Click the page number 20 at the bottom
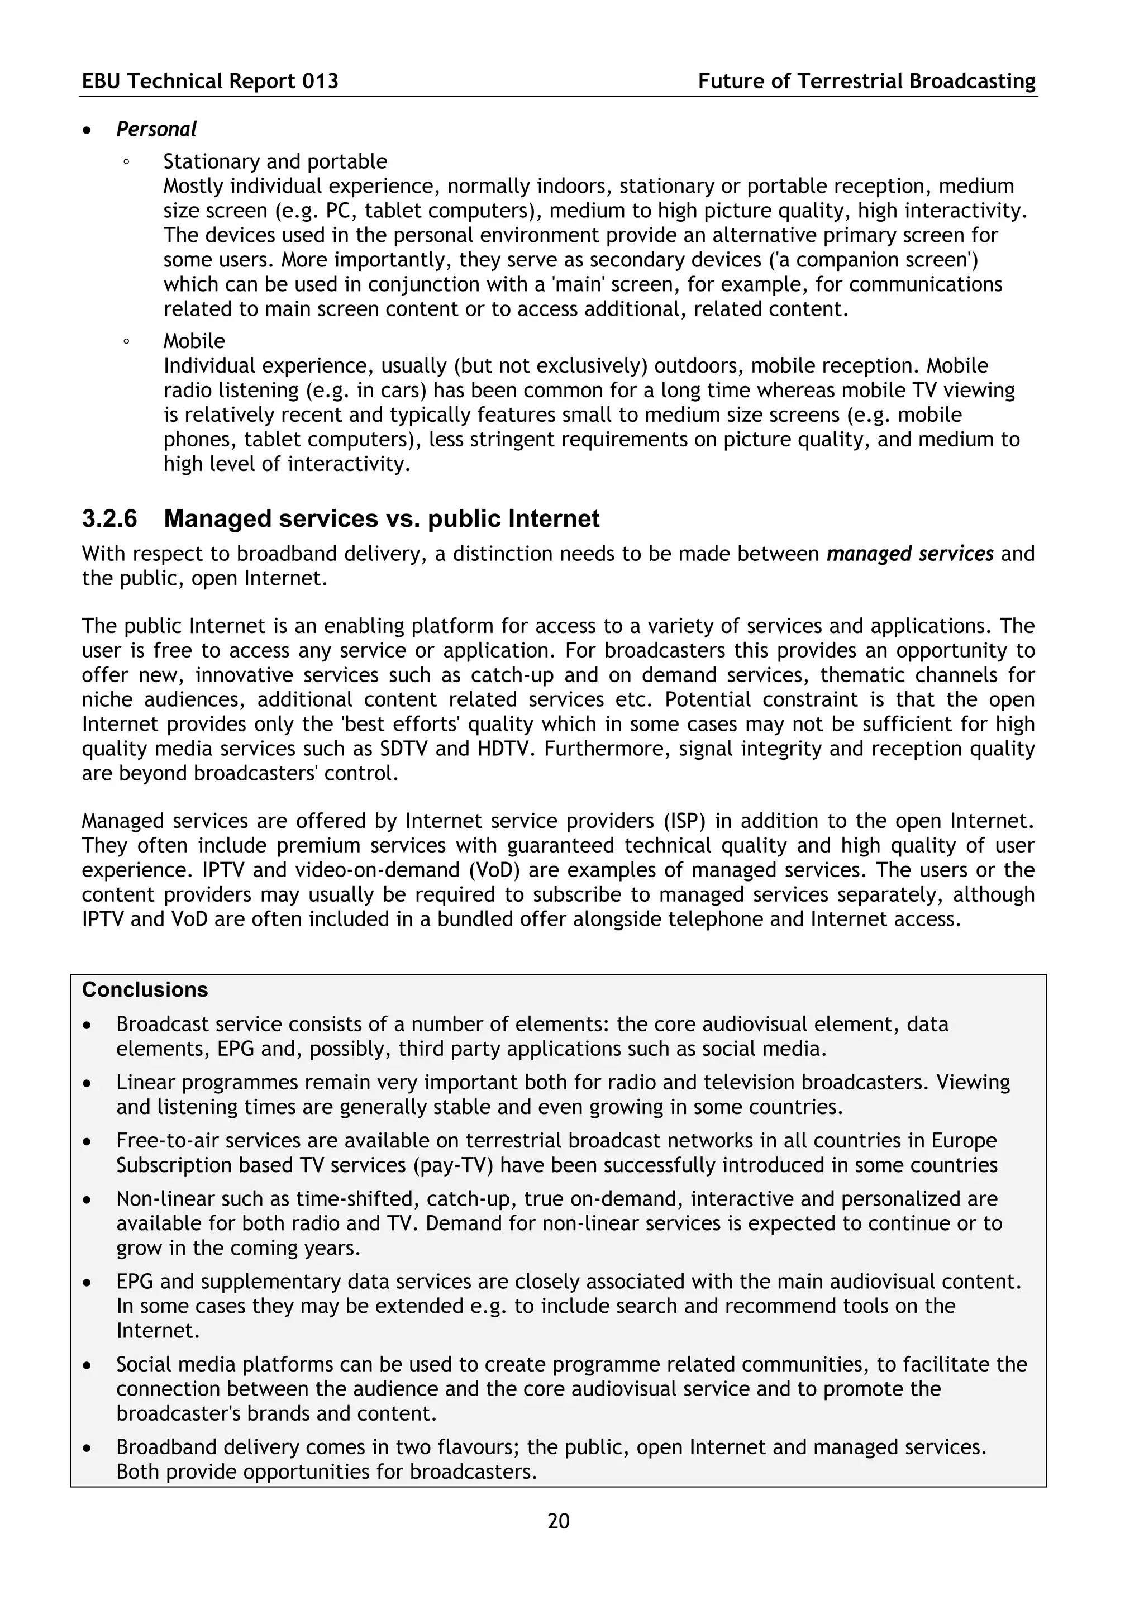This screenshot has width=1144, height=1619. tap(558, 1521)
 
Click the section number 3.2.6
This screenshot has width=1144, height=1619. tap(110, 519)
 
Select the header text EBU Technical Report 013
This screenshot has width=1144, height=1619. tap(210, 82)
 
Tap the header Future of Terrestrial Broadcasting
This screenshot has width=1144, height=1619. tap(866, 82)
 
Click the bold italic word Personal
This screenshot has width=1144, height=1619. tap(156, 130)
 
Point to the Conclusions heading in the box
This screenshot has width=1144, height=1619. tap(145, 990)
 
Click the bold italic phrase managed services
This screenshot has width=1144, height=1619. tap(910, 554)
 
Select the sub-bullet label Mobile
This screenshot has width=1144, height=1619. tap(194, 341)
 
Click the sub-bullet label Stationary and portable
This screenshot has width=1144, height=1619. tap(275, 161)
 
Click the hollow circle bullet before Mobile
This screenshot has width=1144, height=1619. tap(126, 342)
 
